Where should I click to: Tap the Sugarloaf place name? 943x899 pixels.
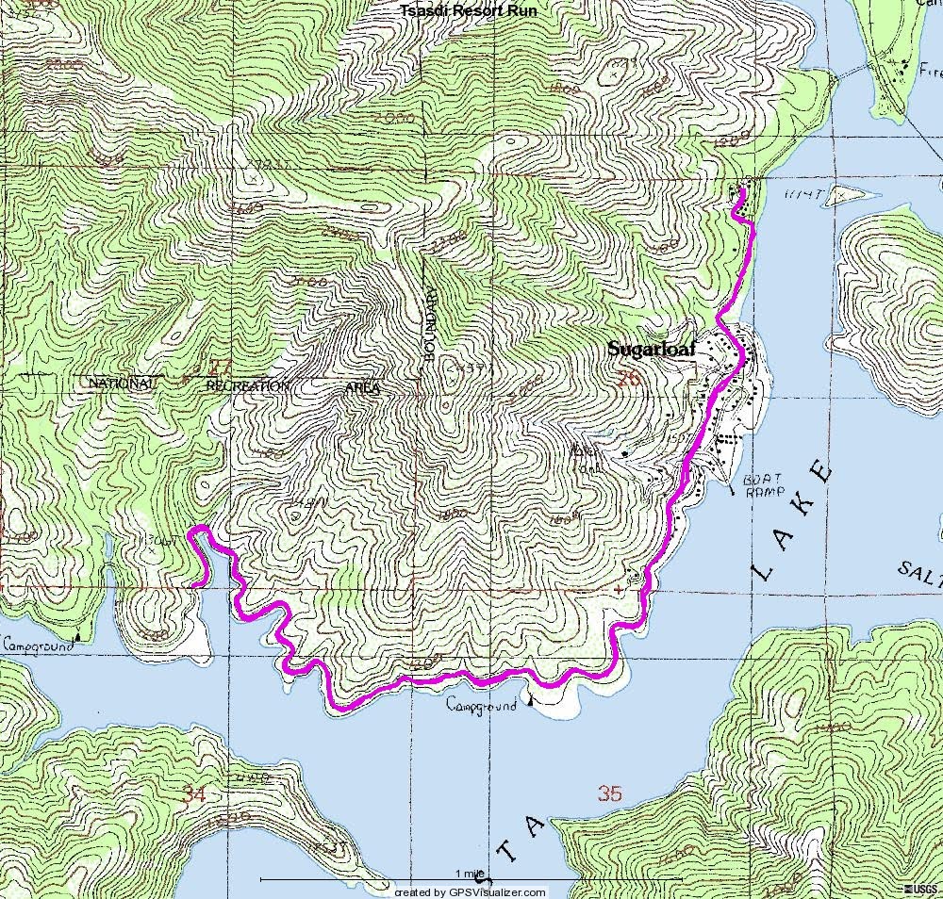(651, 350)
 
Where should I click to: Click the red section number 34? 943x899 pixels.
(194, 794)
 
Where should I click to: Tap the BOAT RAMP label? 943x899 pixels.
(765, 484)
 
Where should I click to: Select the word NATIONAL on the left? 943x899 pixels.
(120, 384)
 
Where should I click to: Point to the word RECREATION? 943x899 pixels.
(248, 386)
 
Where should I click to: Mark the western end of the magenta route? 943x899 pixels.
(193, 585)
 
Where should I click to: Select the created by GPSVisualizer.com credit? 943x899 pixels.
(470, 891)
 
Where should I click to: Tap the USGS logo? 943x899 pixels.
(923, 891)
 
